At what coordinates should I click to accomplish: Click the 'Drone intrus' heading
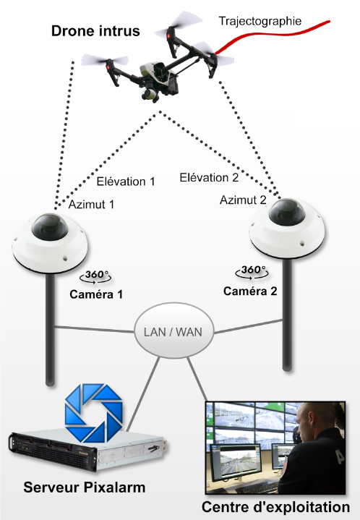tap(95, 31)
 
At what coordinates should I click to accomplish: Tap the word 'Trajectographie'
tap(260, 21)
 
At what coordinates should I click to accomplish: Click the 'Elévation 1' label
tap(126, 182)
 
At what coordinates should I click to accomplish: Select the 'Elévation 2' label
tap(209, 177)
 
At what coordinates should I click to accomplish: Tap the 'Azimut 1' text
tap(91, 204)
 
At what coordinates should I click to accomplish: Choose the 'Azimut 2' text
tap(243, 200)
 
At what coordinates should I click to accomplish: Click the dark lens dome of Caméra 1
tap(50, 227)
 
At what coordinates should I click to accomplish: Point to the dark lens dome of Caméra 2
tap(287, 212)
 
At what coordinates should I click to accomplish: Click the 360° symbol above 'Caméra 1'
tap(95, 276)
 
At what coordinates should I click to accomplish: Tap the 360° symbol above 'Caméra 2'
tap(252, 272)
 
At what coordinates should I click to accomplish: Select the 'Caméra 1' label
tap(96, 294)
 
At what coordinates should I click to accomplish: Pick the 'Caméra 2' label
tap(250, 291)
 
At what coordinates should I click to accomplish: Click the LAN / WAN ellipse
tap(173, 331)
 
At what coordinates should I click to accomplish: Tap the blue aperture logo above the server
tap(94, 413)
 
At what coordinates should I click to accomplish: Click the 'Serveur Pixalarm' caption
tap(84, 487)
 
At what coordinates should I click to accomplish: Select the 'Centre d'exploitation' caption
tap(275, 507)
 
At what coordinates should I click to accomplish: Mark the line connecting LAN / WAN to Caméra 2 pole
tap(248, 326)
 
